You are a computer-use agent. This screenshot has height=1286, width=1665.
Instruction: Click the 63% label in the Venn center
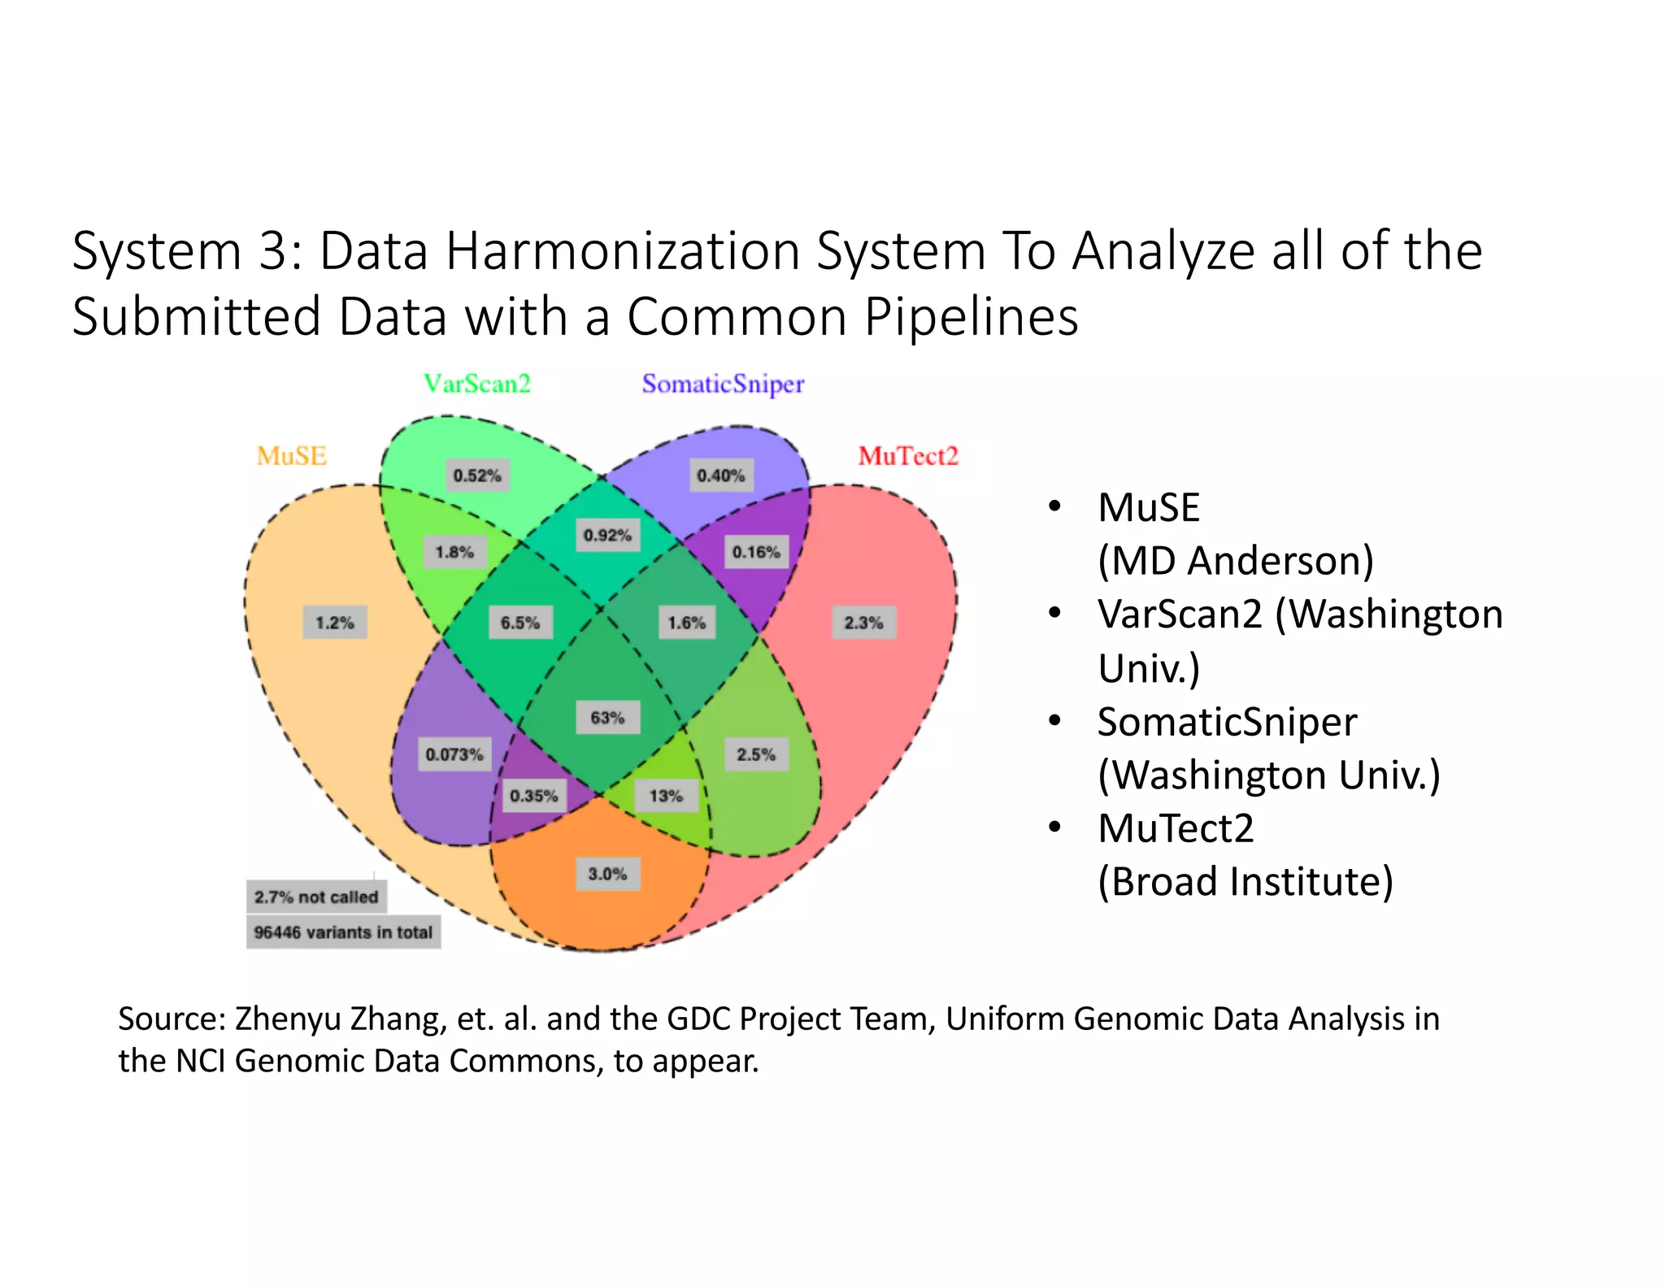click(x=607, y=718)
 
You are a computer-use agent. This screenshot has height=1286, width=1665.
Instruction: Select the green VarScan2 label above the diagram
click(x=477, y=384)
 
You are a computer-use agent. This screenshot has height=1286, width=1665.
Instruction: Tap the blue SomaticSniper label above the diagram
click(x=723, y=384)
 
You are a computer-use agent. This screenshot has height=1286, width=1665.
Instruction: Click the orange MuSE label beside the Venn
click(x=292, y=456)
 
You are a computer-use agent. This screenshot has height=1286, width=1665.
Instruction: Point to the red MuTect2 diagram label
click(x=908, y=456)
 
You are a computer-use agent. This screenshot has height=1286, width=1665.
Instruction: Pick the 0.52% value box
click(x=477, y=476)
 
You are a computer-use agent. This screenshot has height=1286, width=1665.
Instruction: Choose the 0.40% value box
click(x=721, y=476)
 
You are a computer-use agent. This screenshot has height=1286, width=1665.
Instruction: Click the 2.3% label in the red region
click(x=863, y=623)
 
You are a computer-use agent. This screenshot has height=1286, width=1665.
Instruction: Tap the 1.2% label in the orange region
click(x=335, y=623)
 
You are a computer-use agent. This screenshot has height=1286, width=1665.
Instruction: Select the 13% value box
click(x=666, y=796)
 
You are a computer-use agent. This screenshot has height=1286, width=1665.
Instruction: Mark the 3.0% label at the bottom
click(x=607, y=874)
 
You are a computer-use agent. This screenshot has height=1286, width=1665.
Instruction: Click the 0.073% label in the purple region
click(x=454, y=754)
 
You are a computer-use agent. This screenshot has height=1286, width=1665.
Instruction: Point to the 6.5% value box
click(x=520, y=623)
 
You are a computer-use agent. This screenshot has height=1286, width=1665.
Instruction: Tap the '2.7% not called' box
click(x=316, y=897)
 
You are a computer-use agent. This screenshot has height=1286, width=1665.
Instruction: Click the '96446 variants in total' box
click(x=343, y=932)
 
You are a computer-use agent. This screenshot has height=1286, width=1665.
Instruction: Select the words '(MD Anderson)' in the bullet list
click(x=1236, y=561)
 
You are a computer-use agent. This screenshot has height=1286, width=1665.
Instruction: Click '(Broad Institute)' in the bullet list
click(x=1245, y=882)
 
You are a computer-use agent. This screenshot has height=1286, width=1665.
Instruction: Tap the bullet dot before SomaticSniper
click(x=1055, y=721)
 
